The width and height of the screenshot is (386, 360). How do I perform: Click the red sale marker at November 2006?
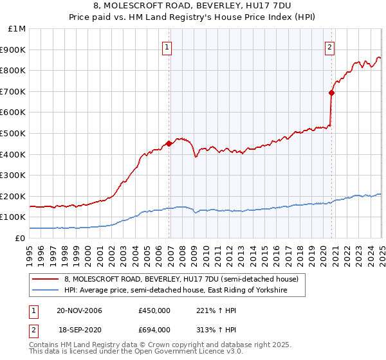[x=169, y=143]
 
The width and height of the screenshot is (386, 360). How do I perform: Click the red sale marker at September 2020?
[x=331, y=93]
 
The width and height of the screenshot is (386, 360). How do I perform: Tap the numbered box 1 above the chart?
[x=167, y=46]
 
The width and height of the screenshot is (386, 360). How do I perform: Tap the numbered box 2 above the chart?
[x=329, y=46]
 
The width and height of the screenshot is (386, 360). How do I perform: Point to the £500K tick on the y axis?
[x=15, y=133]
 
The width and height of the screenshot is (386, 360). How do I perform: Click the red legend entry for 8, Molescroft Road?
[x=181, y=280]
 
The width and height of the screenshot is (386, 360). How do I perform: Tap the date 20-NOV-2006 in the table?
[x=79, y=310]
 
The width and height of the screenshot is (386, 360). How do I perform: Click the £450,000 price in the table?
[x=154, y=310]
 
